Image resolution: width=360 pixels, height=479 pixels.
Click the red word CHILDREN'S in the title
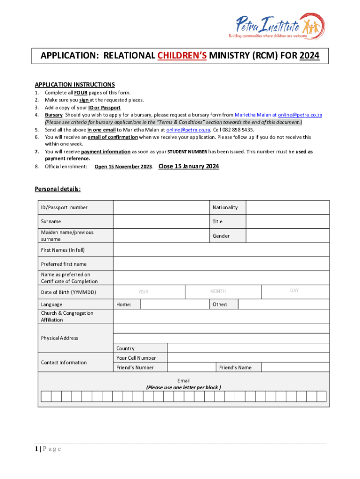182,56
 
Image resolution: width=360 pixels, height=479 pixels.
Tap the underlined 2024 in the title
310,56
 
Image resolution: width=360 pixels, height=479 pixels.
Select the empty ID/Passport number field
161,207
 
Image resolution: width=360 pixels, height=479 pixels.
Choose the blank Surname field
161,221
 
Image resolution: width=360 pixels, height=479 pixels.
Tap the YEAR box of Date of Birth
149,292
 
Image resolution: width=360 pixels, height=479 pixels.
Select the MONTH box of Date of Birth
223,292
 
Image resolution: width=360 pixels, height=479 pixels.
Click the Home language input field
174,305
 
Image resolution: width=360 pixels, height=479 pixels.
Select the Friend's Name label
235,367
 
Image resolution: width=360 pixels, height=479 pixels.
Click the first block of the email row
46,397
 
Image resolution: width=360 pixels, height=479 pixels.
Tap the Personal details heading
58,189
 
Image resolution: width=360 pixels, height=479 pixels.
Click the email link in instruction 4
300,115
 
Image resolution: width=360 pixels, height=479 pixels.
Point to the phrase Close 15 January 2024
189,166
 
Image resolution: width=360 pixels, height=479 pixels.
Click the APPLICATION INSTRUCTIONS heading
75,85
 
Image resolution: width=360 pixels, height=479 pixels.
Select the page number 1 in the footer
36,449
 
